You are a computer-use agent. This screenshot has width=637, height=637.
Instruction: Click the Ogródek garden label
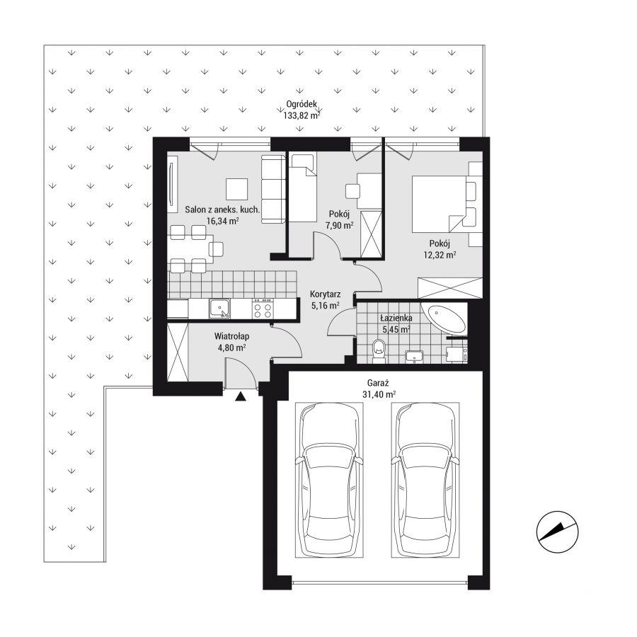(x=302, y=105)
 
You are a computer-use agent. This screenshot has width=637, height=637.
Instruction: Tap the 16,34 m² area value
(x=223, y=222)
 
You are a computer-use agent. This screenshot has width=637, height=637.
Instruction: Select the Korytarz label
(x=325, y=294)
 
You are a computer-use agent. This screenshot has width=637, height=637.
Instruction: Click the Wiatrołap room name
(x=231, y=336)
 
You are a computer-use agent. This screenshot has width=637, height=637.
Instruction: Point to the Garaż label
(x=378, y=383)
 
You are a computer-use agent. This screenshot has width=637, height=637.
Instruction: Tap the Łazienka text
(x=396, y=318)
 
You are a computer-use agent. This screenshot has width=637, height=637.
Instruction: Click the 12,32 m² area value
(x=440, y=255)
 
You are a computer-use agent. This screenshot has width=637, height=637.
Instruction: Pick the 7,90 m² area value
(x=339, y=226)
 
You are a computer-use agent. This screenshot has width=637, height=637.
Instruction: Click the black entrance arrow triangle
(x=241, y=396)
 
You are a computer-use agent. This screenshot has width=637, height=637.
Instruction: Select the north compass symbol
(x=558, y=532)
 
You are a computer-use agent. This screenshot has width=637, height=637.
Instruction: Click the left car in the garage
(x=329, y=479)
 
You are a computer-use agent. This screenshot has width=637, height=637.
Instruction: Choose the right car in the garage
(x=425, y=479)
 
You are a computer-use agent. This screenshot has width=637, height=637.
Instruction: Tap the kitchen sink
(x=220, y=309)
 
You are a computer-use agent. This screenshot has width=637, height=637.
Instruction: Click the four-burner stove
(x=263, y=309)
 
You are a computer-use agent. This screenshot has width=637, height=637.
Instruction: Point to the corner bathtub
(x=444, y=318)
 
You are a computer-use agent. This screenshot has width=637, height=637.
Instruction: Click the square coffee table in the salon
(x=236, y=189)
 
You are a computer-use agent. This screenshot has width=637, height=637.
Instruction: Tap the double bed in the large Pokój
(x=439, y=204)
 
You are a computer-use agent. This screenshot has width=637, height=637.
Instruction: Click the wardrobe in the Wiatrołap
(x=178, y=352)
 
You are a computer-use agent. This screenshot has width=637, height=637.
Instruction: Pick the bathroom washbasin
(x=414, y=357)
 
